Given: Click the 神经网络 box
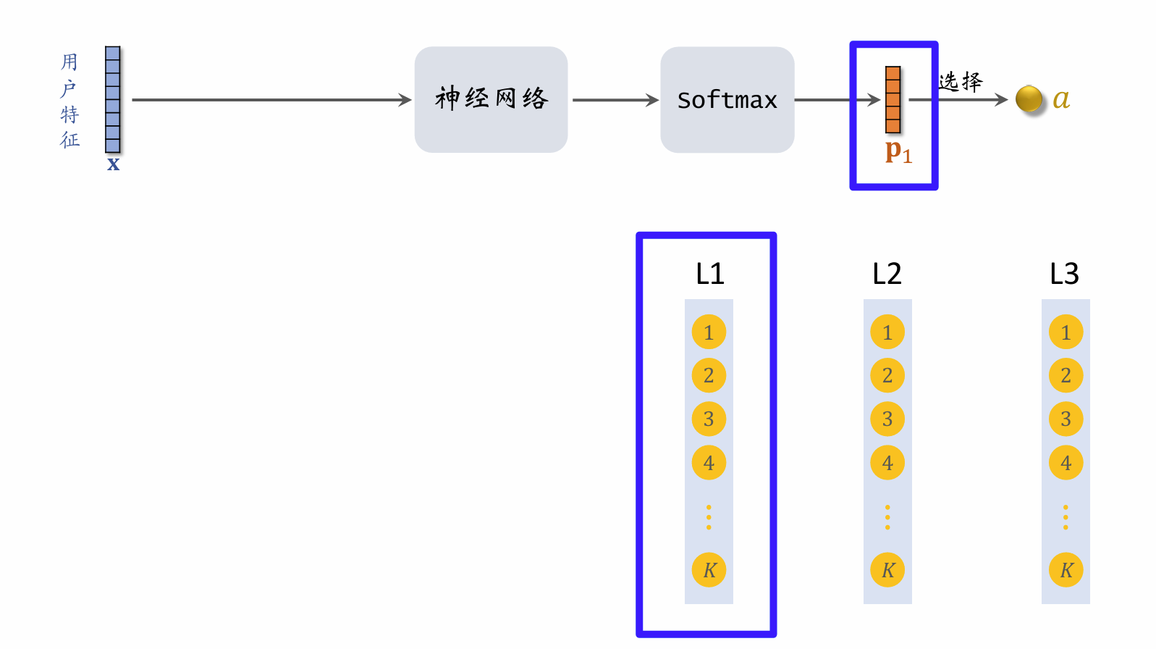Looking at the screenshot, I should click(491, 99).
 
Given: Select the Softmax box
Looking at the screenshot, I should click(727, 99).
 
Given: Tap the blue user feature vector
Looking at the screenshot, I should click(112, 99).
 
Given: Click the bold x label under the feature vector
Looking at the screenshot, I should click(113, 164).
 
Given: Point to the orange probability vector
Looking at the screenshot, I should click(893, 99).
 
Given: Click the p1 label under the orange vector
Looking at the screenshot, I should click(898, 151).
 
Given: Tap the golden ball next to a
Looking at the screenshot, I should click(1029, 99).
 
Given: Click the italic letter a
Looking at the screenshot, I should click(1061, 99).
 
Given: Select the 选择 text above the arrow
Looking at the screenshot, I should click(961, 81).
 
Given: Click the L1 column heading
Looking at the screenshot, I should click(709, 274).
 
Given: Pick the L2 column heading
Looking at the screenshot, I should click(887, 274).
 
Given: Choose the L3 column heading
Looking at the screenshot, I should click(1064, 274).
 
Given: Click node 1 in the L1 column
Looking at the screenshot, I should click(709, 332).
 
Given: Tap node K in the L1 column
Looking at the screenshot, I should click(709, 570).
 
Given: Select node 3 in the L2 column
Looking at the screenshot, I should click(887, 419).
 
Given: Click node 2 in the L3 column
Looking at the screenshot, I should click(1066, 375).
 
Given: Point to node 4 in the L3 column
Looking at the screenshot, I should click(1066, 462).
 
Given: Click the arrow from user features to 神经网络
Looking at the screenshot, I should click(271, 100).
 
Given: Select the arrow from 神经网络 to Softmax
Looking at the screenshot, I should click(615, 100).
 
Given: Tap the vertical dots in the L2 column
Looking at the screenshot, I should click(887, 517).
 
